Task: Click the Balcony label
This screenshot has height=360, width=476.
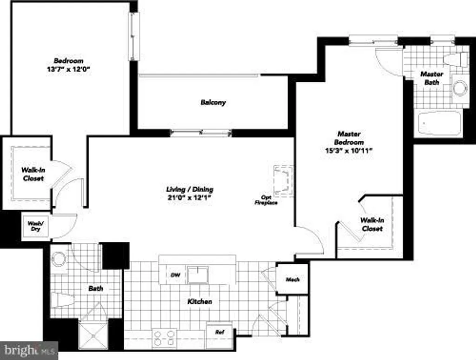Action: (213, 102)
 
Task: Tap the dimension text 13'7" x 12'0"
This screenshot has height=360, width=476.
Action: (68, 69)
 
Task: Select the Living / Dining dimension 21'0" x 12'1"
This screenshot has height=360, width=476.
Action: (190, 198)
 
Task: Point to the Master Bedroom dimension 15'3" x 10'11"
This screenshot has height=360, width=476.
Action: (349, 150)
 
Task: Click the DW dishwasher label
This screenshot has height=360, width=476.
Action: (175, 275)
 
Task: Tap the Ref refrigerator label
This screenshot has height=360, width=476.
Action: (219, 332)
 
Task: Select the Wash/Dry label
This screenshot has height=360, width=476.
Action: (35, 226)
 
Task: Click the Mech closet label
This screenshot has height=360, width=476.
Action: (293, 280)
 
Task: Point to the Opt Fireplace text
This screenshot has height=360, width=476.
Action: (266, 200)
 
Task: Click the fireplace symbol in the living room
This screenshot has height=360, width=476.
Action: (283, 181)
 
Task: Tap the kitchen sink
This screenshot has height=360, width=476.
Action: (198, 275)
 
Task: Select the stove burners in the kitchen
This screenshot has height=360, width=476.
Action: (164, 338)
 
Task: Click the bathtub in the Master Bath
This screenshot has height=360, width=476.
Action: (439, 123)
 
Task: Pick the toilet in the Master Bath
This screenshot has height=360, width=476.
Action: (455, 59)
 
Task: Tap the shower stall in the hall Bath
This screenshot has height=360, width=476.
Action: (93, 335)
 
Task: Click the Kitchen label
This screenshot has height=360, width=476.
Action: (199, 302)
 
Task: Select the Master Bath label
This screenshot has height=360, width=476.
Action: (432, 78)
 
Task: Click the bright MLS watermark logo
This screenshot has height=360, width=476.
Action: (29, 351)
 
